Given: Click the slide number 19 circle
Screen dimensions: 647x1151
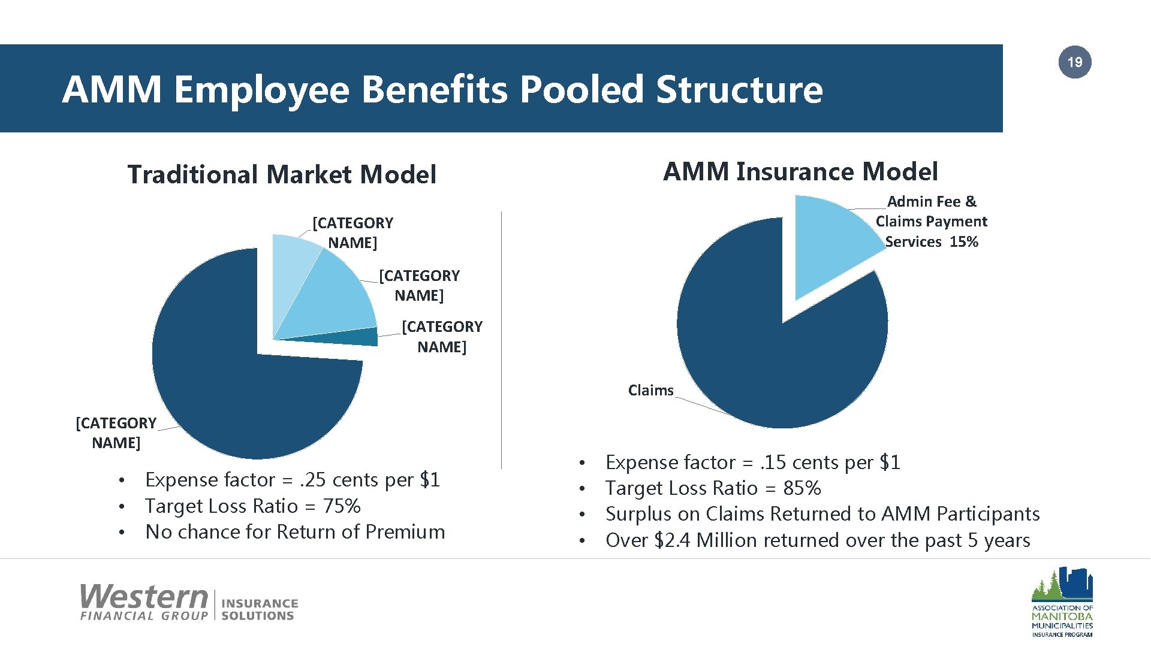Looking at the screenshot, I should [1075, 62].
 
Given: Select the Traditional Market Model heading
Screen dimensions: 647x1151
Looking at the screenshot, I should [282, 174].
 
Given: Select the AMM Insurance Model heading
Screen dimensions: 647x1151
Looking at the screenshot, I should [800, 171].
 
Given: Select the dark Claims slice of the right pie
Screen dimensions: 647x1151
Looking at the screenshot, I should [779, 359].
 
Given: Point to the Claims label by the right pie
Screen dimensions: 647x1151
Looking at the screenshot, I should [650, 391].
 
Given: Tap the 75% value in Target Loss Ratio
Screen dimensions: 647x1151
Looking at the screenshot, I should [342, 506].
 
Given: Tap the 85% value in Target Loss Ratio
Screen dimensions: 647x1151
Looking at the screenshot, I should [802, 488].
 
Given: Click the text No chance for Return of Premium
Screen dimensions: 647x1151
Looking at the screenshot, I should [295, 532].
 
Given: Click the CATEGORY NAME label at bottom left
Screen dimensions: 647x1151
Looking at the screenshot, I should [116, 433].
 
